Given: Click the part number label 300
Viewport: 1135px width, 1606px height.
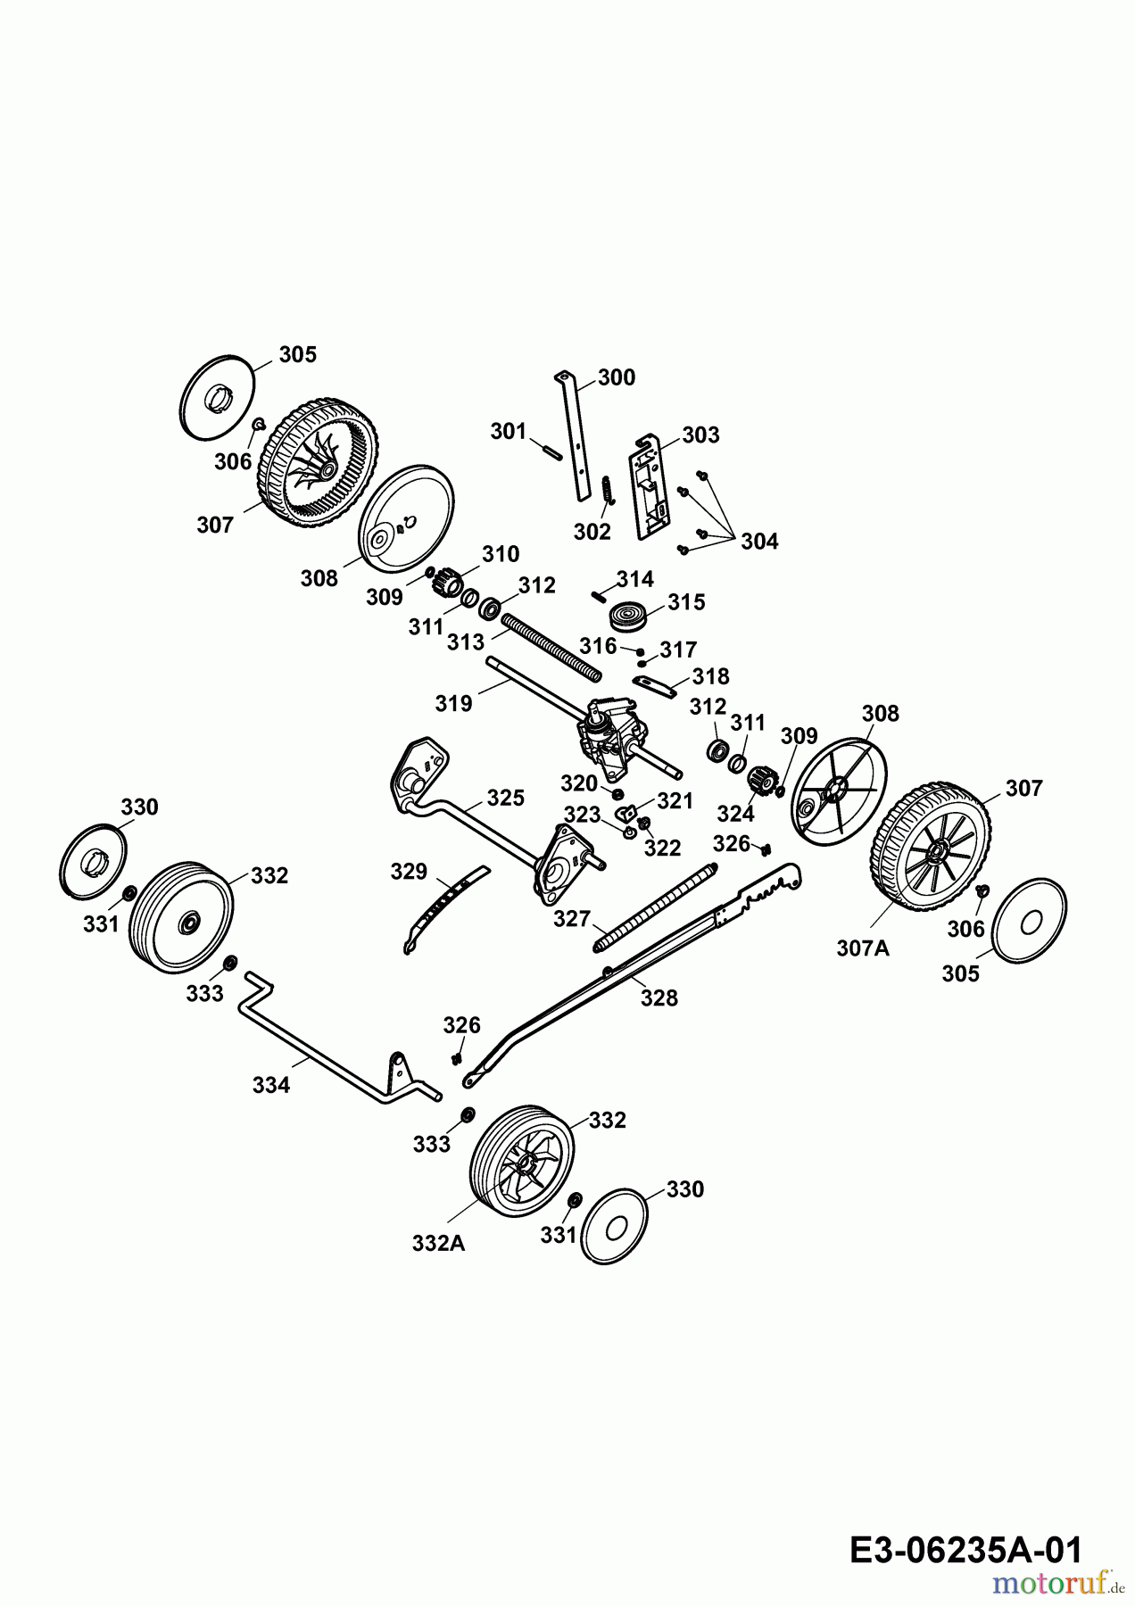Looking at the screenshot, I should click(616, 377).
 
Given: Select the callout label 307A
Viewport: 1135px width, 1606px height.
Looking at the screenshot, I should click(862, 948).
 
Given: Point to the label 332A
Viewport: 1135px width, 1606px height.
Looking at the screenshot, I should click(438, 1242).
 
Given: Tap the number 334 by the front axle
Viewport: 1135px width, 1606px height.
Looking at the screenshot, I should click(271, 1085).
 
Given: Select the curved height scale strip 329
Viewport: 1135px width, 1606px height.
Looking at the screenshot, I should click(443, 905).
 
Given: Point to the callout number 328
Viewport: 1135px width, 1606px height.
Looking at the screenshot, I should click(659, 998).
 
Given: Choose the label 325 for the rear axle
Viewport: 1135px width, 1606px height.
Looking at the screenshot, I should click(505, 797).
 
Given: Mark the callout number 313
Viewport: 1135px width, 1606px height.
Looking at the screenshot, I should click(466, 641).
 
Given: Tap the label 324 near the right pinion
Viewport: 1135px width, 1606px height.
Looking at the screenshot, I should click(735, 813).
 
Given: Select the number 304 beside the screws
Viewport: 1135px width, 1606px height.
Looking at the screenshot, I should click(759, 541).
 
